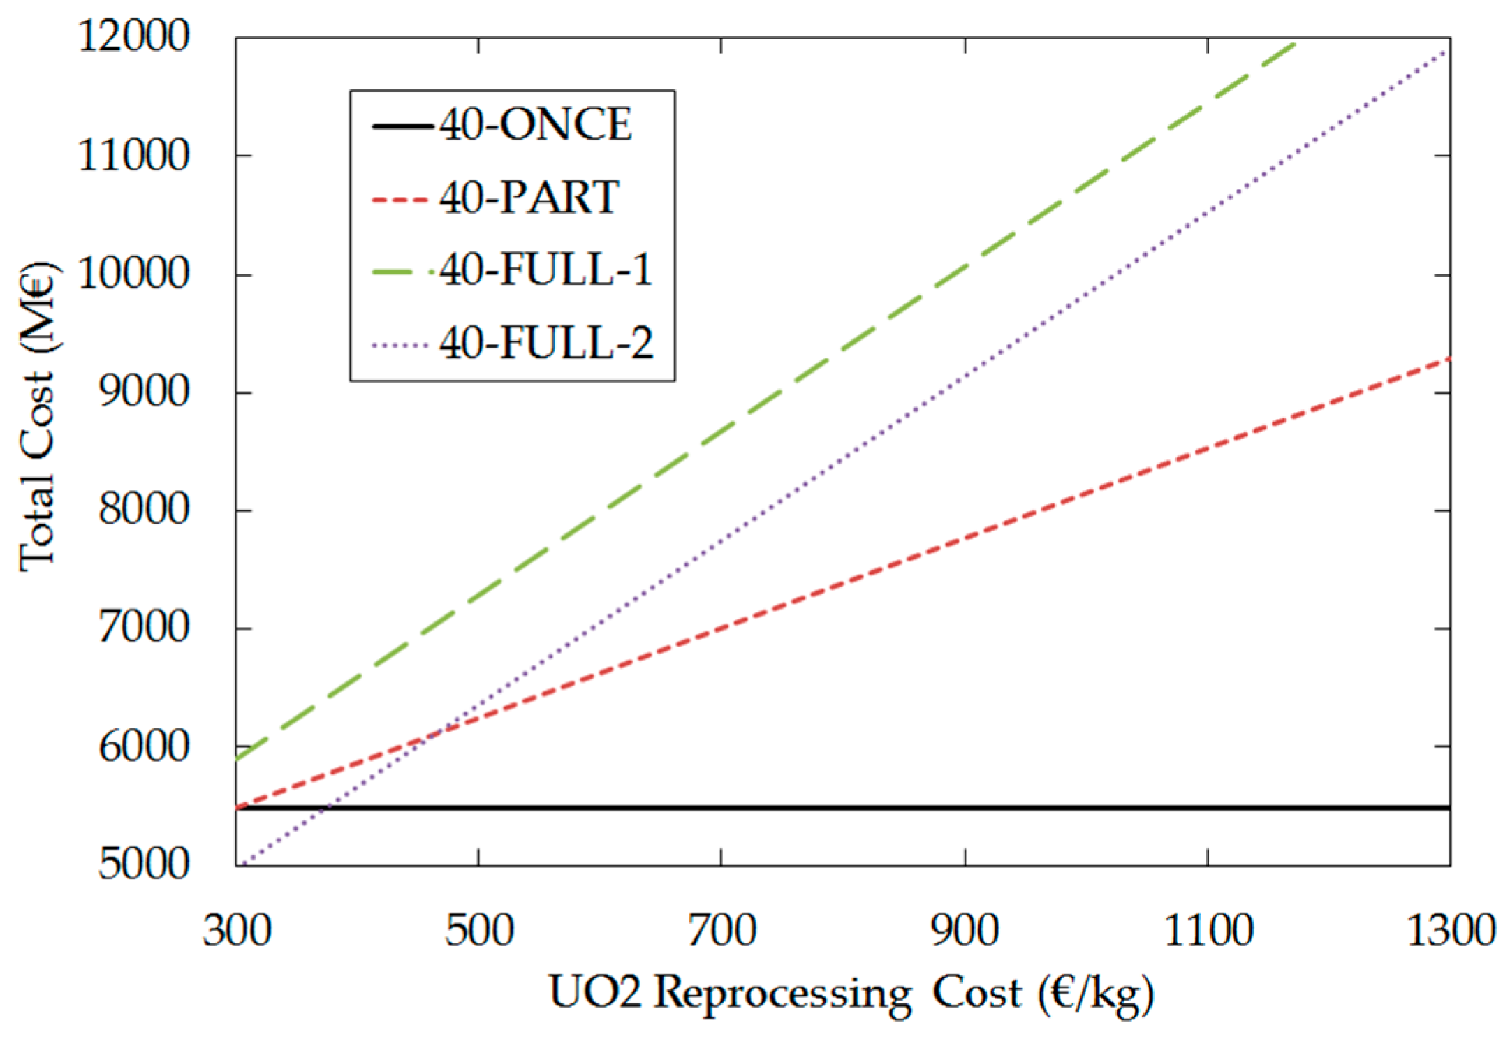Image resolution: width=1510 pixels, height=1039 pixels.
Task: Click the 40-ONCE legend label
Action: (535, 126)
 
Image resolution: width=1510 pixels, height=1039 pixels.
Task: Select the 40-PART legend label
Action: (529, 198)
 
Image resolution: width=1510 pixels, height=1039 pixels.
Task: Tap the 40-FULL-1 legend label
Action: (545, 270)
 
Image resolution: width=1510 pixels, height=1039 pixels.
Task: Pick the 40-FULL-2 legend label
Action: (545, 343)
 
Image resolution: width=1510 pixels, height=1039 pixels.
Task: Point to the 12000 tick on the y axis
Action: (133, 36)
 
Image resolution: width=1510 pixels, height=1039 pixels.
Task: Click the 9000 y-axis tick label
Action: (143, 392)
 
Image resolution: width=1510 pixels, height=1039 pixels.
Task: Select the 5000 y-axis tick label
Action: (143, 864)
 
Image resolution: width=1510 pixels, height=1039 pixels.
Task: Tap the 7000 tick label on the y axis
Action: (143, 628)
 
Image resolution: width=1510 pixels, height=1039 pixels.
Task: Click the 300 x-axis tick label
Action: (237, 931)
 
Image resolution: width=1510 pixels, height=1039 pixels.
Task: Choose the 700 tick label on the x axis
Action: (721, 931)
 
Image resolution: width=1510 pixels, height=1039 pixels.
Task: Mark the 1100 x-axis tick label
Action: (1208, 931)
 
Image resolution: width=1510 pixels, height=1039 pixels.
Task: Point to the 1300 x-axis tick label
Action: (1450, 931)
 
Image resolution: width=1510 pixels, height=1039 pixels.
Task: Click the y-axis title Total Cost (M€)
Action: (36, 417)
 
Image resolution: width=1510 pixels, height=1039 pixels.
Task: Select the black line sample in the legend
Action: (401, 126)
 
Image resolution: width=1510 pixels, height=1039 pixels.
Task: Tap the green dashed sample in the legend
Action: (401, 271)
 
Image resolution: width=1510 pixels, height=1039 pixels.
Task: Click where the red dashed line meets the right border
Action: (1449, 358)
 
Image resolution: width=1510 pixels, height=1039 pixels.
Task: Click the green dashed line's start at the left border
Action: (237, 759)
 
